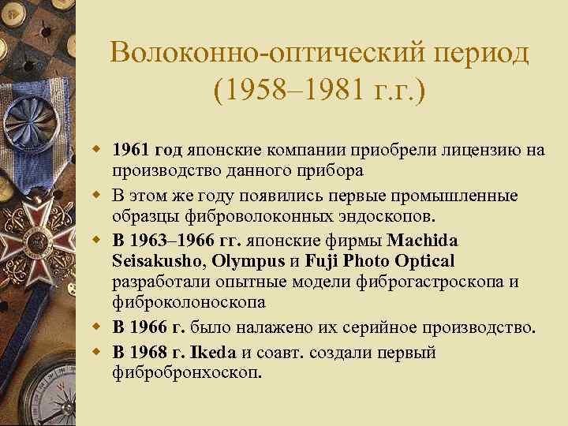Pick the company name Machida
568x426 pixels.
click(x=424, y=240)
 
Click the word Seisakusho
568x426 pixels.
click(x=151, y=261)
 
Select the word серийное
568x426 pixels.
click(x=360, y=327)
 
